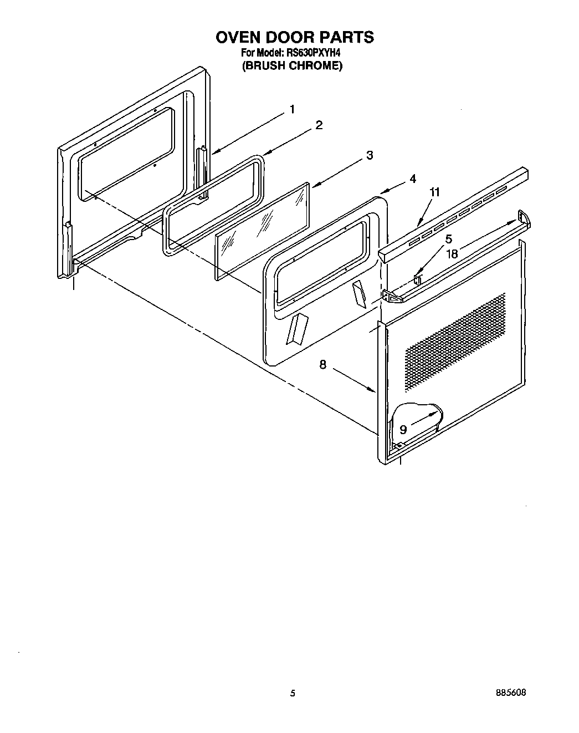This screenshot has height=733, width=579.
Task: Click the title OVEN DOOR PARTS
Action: [294, 37]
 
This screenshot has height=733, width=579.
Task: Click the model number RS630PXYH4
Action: [313, 53]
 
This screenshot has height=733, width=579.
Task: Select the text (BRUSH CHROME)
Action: [293, 66]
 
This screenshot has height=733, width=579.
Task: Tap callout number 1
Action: [292, 109]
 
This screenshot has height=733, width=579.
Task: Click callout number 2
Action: [319, 125]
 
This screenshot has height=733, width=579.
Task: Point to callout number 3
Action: [369, 156]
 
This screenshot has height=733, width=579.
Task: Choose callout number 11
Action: [435, 192]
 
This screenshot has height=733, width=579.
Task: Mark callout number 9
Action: [403, 429]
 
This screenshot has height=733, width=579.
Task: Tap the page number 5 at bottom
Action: [292, 693]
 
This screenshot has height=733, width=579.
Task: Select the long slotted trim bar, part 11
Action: [454, 213]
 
